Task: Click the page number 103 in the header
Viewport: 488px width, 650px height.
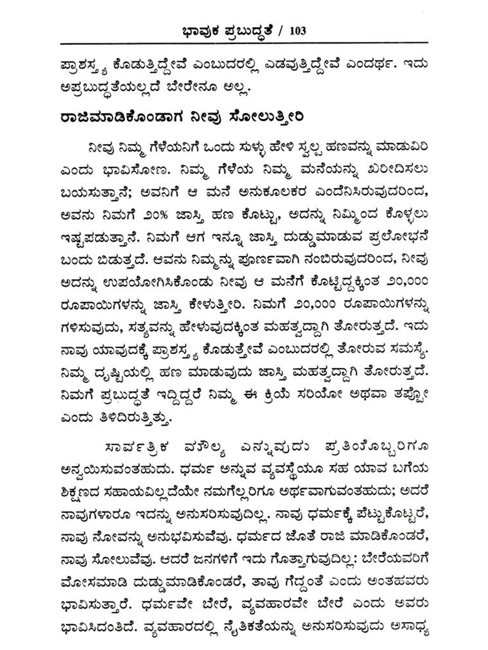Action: click(297, 31)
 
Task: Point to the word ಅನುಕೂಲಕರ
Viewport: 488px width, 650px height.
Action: click(273, 192)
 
